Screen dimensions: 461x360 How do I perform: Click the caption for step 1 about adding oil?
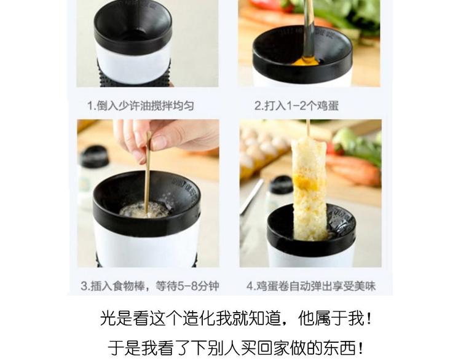(141, 106)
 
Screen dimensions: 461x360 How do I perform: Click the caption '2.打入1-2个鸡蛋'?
(296, 106)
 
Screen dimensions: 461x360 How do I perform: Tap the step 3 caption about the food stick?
(150, 286)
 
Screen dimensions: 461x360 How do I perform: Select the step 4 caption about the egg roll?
(311, 286)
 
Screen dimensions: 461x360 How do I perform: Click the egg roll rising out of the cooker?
(310, 188)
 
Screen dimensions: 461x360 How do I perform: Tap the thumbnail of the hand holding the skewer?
(148, 193)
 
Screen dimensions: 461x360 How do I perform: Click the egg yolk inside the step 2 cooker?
(305, 61)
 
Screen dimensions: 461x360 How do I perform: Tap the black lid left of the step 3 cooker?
(94, 156)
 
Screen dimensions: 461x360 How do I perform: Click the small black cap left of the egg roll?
(281, 185)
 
